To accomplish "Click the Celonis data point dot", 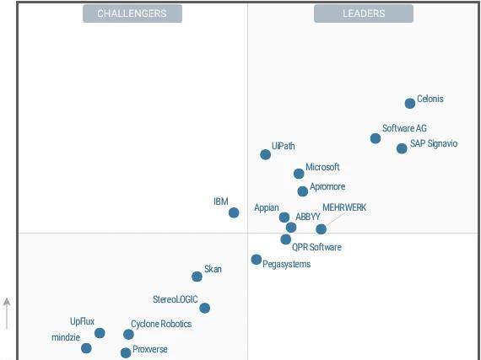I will click(x=410, y=104).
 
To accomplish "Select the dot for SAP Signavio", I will click(x=402, y=148).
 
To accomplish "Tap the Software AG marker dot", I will click(x=376, y=138).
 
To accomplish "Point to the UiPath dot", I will click(x=266, y=154).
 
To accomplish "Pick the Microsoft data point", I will click(x=299, y=174).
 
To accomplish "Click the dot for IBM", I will click(x=234, y=212).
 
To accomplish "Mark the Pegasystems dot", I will click(x=257, y=260).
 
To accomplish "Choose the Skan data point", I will click(x=197, y=277).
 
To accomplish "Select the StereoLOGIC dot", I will click(x=204, y=309).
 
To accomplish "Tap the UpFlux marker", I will click(x=100, y=333).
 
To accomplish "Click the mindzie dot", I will click(x=86, y=348).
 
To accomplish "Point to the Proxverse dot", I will click(x=126, y=353).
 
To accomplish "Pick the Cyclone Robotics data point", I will click(x=128, y=335).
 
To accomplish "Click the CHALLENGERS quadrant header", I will click(x=132, y=13).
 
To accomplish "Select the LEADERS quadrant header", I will click(x=364, y=13).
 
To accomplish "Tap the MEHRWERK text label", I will click(x=344, y=207).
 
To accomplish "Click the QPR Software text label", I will click(x=316, y=247).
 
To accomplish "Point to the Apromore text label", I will click(x=327, y=187).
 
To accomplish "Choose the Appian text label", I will click(x=267, y=207).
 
